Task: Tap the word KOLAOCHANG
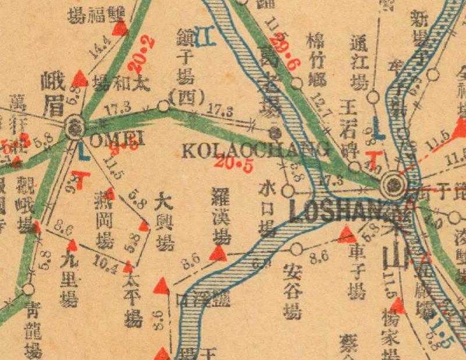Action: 255,151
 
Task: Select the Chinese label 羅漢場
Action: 220,216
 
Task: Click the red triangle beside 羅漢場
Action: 218,253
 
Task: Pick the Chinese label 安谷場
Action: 293,292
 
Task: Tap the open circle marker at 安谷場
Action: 296,250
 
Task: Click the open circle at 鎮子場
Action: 164,106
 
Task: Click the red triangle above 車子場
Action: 347,235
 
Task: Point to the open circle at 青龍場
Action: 29,288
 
